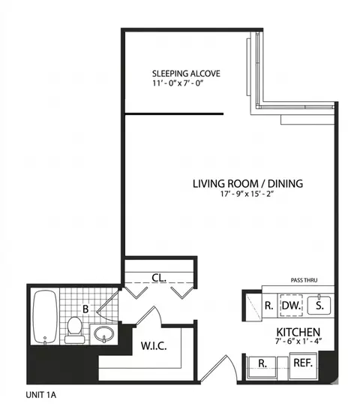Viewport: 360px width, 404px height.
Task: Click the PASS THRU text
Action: point(304,281)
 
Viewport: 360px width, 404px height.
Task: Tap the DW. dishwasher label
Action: point(290,306)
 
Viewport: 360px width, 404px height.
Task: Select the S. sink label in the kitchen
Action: point(319,306)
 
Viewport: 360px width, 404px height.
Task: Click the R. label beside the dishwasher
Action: point(268,306)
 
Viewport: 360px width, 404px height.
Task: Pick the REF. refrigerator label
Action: point(304,363)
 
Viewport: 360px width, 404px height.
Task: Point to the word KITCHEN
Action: point(298,332)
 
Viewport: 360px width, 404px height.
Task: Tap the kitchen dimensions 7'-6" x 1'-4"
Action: point(298,343)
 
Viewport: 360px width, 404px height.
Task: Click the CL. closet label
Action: point(159,277)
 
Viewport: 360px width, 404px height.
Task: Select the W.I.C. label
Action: point(153,346)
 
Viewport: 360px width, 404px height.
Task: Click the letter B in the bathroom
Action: point(85,308)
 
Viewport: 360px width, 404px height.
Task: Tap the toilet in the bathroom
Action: point(74,328)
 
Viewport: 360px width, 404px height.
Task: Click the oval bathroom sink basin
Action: point(104,333)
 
